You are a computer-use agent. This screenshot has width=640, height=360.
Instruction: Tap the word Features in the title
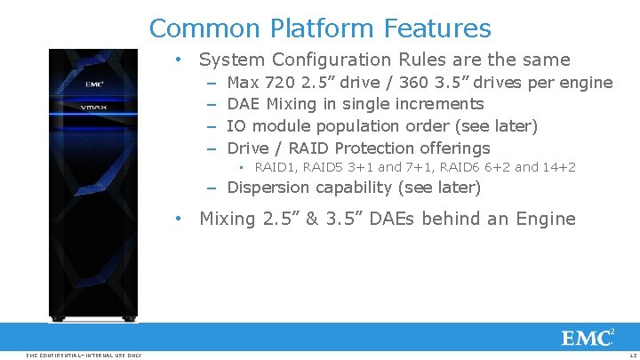click(x=437, y=28)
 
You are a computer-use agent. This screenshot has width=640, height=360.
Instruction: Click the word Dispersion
click(x=268, y=188)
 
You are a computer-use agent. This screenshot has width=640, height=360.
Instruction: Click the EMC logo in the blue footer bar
click(x=587, y=338)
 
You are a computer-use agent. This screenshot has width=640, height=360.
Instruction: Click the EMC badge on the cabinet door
click(x=94, y=84)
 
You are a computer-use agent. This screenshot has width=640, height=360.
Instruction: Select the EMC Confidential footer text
click(x=84, y=356)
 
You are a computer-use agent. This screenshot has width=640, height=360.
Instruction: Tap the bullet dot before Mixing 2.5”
click(x=179, y=219)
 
